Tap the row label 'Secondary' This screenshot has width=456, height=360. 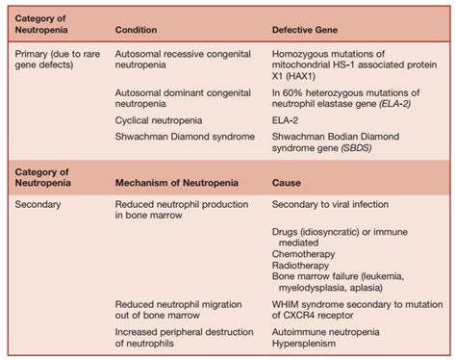coord(39,205)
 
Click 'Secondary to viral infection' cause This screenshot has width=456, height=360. coord(338,205)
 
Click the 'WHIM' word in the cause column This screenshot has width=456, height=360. coord(290,304)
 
